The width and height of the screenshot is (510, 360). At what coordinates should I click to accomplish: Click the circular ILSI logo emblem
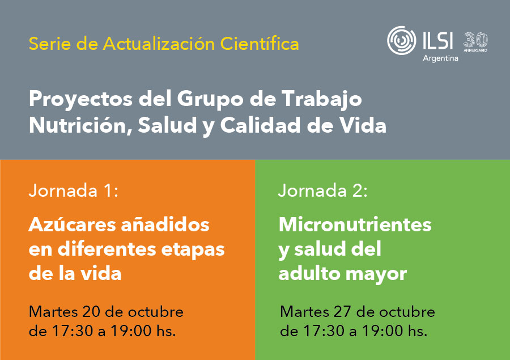click(401, 40)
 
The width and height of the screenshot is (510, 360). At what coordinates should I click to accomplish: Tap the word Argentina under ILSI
click(440, 58)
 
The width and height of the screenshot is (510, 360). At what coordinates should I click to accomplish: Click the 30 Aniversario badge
click(475, 41)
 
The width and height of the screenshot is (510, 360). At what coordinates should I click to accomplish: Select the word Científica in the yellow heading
click(260, 44)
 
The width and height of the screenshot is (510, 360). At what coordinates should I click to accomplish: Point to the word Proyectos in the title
click(80, 99)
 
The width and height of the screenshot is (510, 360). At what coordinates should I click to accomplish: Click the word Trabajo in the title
click(322, 99)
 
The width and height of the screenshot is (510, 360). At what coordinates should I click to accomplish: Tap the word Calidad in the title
click(260, 125)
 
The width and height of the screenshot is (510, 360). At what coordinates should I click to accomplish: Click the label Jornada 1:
click(74, 190)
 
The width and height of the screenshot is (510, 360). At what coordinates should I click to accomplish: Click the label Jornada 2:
click(322, 190)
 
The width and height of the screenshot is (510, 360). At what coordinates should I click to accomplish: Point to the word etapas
click(193, 250)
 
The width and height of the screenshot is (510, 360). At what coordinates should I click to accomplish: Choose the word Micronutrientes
click(355, 225)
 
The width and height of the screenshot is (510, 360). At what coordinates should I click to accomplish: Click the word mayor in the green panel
click(376, 274)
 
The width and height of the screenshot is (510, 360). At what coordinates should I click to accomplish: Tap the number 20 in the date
click(92, 312)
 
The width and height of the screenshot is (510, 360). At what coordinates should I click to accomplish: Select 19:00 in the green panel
click(382, 331)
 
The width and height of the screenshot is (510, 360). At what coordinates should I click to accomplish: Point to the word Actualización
click(159, 44)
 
